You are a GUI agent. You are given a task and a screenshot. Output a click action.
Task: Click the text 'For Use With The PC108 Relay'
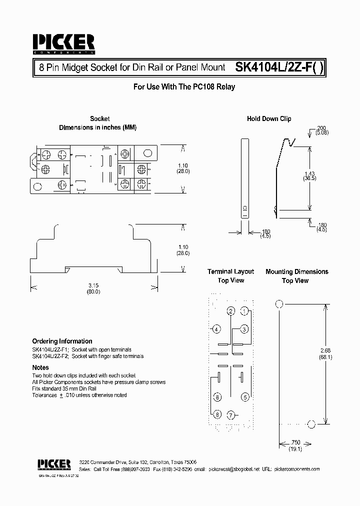click(x=184, y=86)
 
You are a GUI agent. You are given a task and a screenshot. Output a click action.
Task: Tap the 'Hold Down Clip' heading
click(x=269, y=119)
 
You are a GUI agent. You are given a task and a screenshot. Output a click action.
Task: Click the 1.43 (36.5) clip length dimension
click(x=310, y=174)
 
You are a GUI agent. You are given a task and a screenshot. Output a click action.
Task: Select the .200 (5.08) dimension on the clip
click(x=321, y=131)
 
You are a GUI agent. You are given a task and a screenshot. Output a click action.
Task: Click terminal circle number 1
click(x=244, y=311)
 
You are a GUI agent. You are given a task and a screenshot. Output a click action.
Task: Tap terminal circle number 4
click(x=216, y=329)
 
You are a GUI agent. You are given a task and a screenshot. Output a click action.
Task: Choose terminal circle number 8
click(x=217, y=415)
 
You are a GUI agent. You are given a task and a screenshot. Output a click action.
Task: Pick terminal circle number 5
click(x=245, y=397)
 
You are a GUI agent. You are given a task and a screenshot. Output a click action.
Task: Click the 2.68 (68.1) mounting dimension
click(x=326, y=354)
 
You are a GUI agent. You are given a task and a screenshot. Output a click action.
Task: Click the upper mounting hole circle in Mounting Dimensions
click(x=279, y=303)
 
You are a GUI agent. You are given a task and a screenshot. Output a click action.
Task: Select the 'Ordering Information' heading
click(x=62, y=341)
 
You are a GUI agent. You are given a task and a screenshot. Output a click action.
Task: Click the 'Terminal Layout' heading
click(x=230, y=271)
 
